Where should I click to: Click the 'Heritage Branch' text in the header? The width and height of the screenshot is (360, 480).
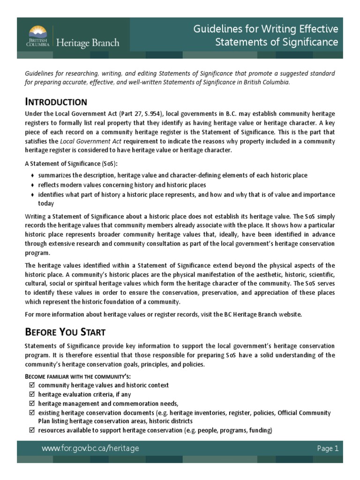pyautogui.click(x=88, y=43)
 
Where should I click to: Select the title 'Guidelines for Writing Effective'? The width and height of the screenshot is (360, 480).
pyautogui.click(x=266, y=30)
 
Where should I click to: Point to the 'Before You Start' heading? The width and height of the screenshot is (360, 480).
pyautogui.click(x=65, y=332)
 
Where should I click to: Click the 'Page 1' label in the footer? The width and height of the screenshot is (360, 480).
pyautogui.click(x=328, y=448)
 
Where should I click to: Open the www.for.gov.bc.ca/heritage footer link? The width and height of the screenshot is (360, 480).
pyautogui.click(x=90, y=449)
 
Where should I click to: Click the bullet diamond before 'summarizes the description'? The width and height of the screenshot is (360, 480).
pyautogui.click(x=32, y=175)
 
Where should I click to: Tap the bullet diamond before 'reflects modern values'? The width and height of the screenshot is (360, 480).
pyautogui.click(x=32, y=185)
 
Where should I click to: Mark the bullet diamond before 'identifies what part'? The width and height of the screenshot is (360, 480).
pyautogui.click(x=32, y=194)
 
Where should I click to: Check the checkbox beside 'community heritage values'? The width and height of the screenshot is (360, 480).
pyautogui.click(x=31, y=385)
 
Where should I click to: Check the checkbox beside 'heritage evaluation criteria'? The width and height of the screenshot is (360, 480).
pyautogui.click(x=31, y=394)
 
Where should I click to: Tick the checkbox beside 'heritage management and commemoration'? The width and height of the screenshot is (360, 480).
pyautogui.click(x=31, y=403)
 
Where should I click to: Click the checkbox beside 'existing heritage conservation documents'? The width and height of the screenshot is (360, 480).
pyautogui.click(x=31, y=412)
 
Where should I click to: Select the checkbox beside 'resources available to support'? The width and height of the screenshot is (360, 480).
pyautogui.click(x=31, y=431)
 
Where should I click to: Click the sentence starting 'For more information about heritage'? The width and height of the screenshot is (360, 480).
pyautogui.click(x=164, y=314)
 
